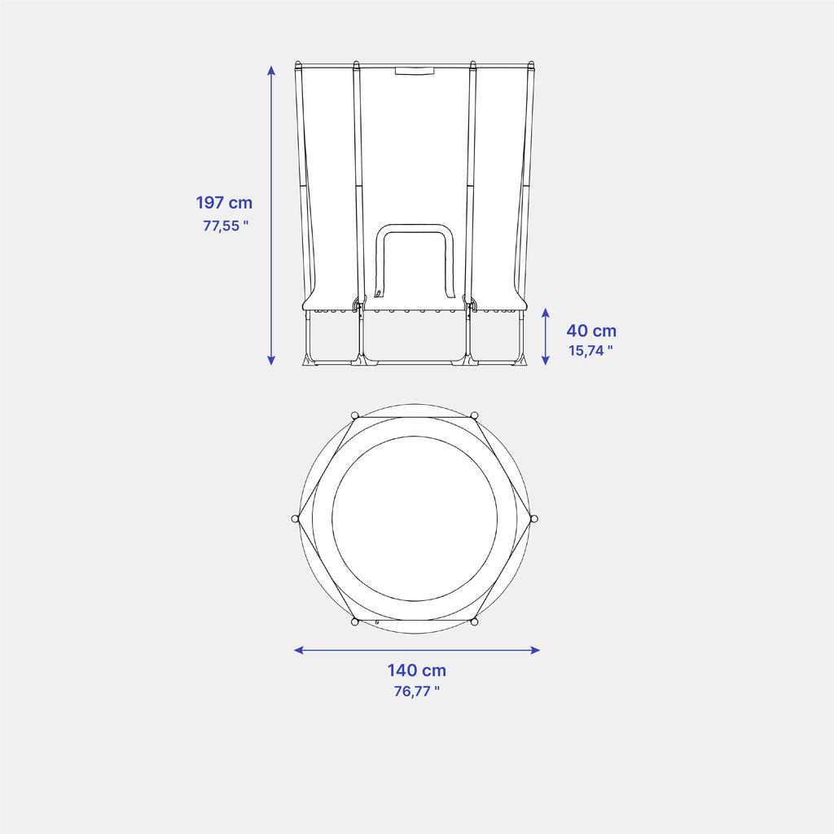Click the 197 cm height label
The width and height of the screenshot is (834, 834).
click(224, 203)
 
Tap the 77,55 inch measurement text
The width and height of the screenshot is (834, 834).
click(226, 226)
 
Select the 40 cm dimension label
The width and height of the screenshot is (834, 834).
click(591, 331)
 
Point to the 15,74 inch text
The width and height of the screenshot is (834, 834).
click(590, 350)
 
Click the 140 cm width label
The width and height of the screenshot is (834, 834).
click(416, 670)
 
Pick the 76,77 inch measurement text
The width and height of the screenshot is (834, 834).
click(416, 691)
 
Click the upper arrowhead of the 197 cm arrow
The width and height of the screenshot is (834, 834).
click(271, 70)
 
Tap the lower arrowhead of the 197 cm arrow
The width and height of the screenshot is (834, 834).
click(271, 360)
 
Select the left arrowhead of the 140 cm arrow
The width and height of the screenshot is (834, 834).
click(299, 650)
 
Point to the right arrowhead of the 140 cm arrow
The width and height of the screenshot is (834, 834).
click(535, 650)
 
